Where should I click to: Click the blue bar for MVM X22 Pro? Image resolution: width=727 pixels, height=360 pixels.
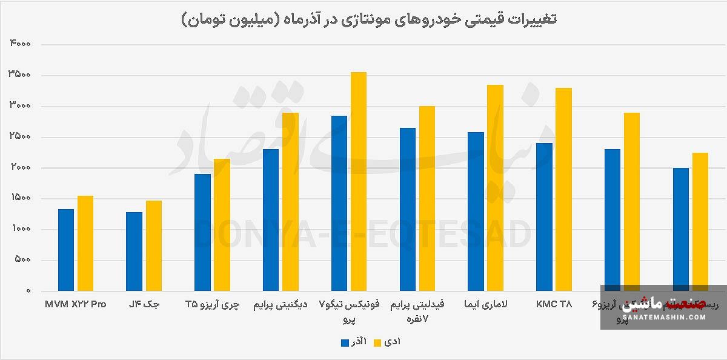tap(65, 250)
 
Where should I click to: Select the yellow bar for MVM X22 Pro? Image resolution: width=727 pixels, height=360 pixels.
tap(85, 243)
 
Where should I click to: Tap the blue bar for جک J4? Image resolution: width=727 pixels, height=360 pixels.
tap(134, 252)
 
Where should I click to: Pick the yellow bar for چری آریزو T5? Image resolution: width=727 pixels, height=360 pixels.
tap(222, 225)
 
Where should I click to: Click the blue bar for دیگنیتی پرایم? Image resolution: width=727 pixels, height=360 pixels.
tap(271, 220)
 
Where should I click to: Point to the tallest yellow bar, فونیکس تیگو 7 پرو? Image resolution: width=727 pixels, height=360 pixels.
tap(359, 182)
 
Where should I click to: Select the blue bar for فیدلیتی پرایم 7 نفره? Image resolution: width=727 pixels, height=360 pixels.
tap(408, 209)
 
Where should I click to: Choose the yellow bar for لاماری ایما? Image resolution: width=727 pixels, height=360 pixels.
tap(496, 188)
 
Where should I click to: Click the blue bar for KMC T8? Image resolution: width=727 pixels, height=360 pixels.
tap(545, 217)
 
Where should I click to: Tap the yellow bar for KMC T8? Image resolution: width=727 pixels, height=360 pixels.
tap(564, 189)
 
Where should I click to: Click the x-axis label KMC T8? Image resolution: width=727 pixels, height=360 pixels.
tap(554, 304)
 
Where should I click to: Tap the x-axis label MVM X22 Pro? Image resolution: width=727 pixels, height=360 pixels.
tap(75, 304)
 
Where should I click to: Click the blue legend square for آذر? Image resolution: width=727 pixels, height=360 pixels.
tap(344, 342)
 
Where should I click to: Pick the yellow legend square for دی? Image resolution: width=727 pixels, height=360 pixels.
tap(376, 342)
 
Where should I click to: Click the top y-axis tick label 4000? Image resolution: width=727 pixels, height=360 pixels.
tap(20, 44)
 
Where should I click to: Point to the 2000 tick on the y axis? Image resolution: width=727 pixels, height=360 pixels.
tap(20, 168)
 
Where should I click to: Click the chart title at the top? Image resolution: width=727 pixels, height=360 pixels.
tap(369, 19)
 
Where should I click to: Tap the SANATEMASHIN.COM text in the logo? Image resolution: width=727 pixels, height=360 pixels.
tap(663, 317)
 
